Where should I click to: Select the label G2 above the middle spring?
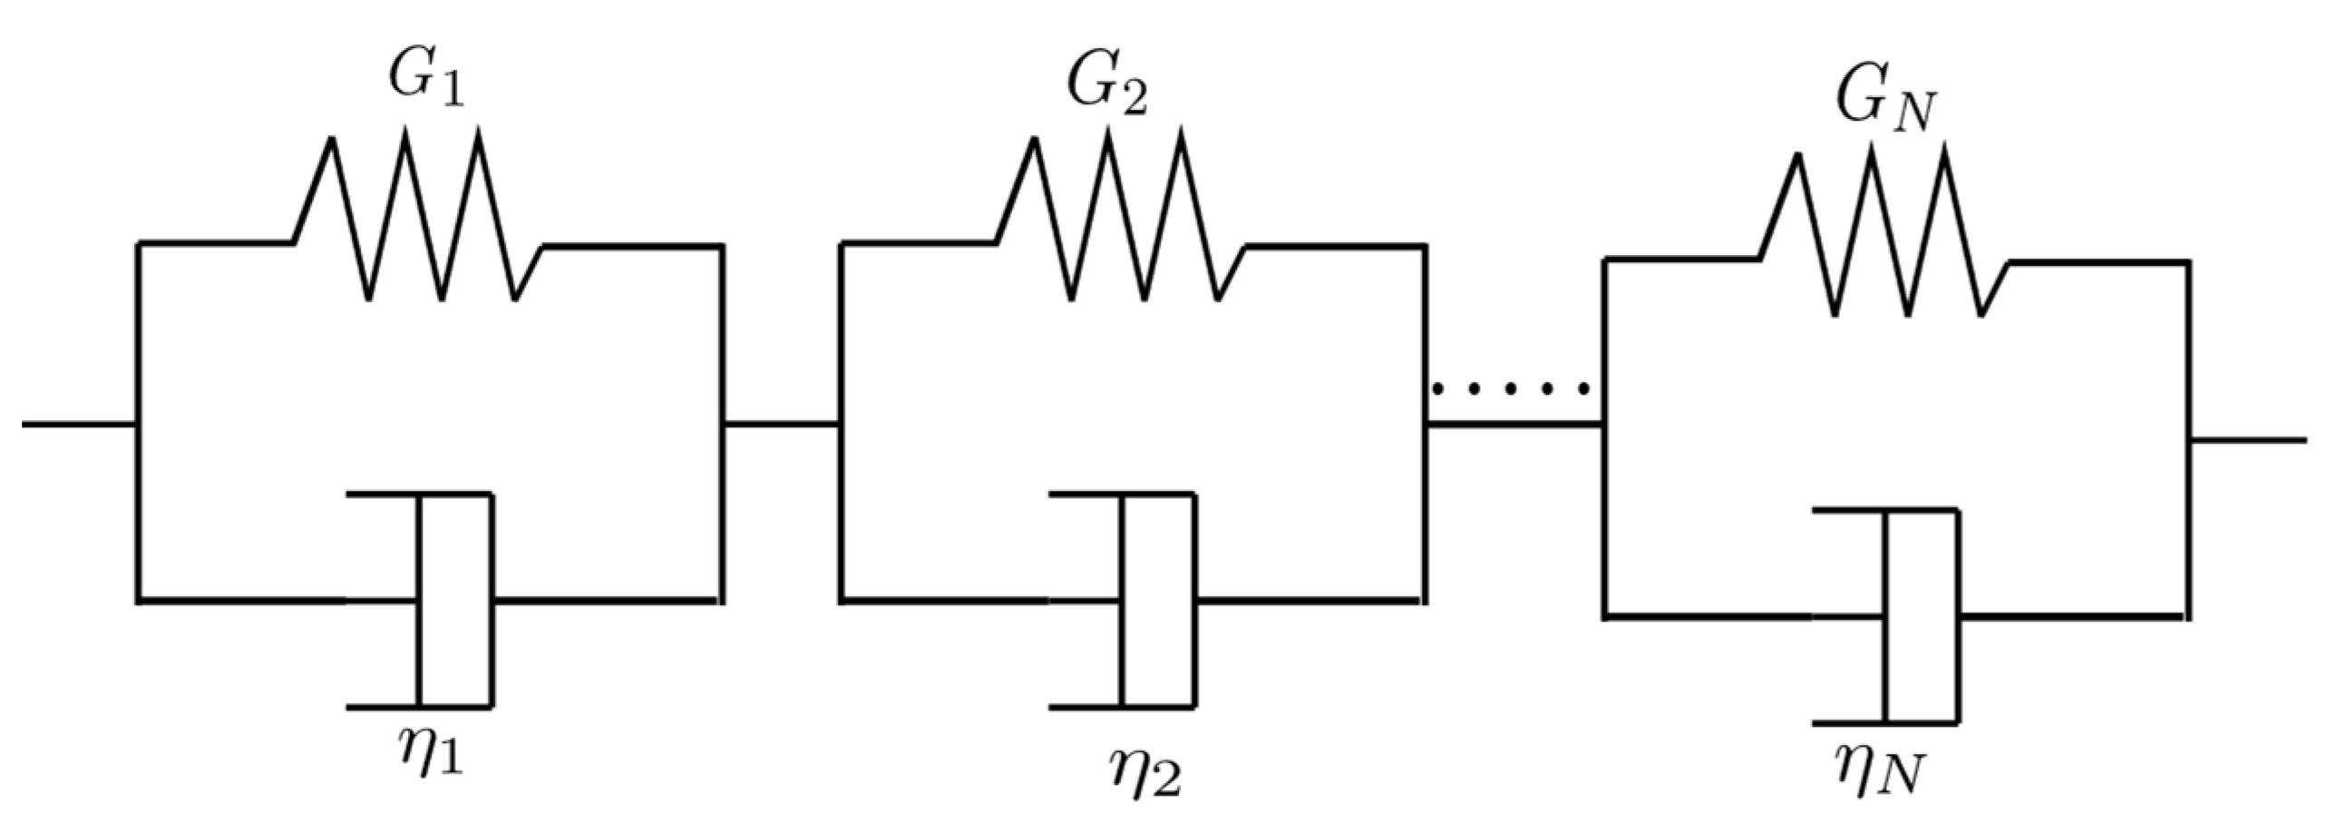pyautogui.click(x=1105, y=89)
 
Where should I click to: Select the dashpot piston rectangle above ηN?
pyautogui.click(x=1922, y=617)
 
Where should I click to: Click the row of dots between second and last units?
pyautogui.click(x=1513, y=389)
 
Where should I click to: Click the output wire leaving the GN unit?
pyautogui.click(x=2247, y=440)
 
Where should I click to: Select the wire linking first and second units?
pyautogui.click(x=781, y=424)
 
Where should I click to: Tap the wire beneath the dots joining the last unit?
pyautogui.click(x=1514, y=425)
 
